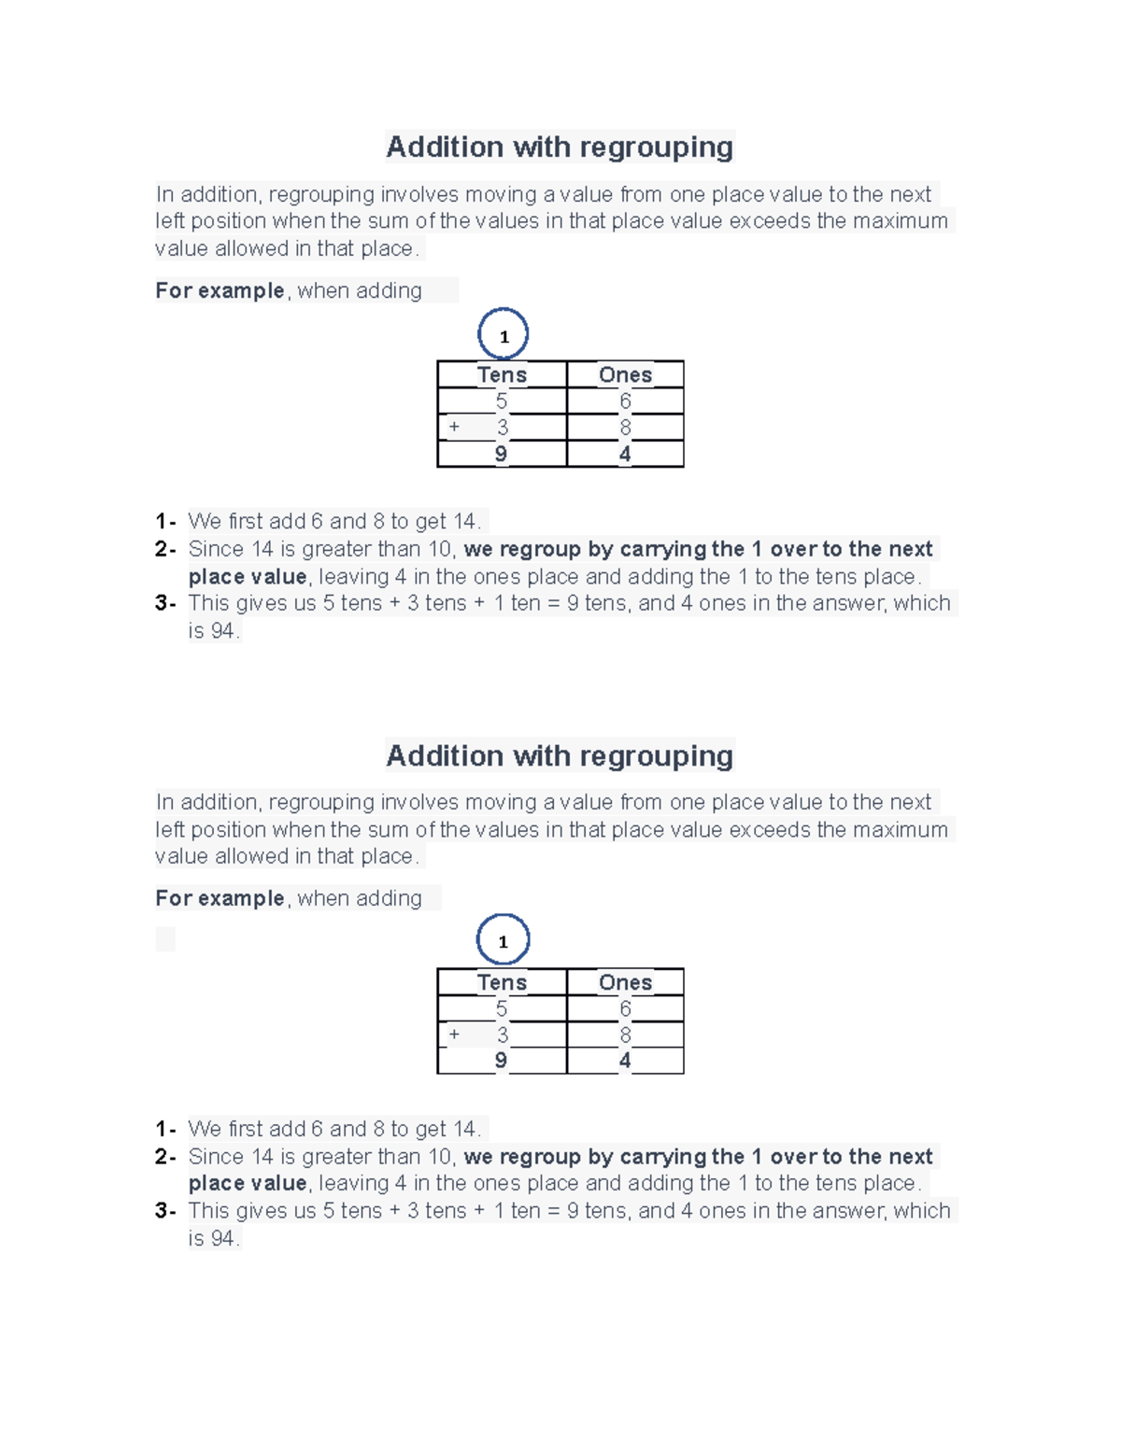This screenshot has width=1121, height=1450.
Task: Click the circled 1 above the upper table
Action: point(504,335)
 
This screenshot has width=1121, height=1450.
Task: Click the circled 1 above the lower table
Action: point(503,940)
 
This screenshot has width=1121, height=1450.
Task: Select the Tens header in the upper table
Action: point(502,374)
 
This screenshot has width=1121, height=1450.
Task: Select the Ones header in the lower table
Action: point(625,981)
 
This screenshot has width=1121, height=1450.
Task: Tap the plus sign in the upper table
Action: point(454,427)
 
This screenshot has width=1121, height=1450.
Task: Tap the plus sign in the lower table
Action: point(454,1034)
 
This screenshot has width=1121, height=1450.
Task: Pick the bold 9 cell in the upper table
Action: point(501,454)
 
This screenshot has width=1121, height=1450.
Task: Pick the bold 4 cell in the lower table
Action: point(625,1061)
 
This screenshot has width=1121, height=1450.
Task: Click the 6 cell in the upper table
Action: point(625,401)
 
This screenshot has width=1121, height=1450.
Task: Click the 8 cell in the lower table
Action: point(625,1035)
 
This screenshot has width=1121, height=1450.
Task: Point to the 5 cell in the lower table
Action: point(502,1008)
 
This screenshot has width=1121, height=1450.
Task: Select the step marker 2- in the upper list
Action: point(165,549)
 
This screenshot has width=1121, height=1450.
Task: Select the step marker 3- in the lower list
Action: point(165,1211)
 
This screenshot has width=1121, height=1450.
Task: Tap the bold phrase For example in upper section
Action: point(220,290)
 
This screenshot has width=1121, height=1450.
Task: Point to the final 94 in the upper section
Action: point(222,631)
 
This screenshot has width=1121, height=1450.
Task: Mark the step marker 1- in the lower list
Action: point(165,1129)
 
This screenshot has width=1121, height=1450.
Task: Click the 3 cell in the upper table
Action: point(503,428)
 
